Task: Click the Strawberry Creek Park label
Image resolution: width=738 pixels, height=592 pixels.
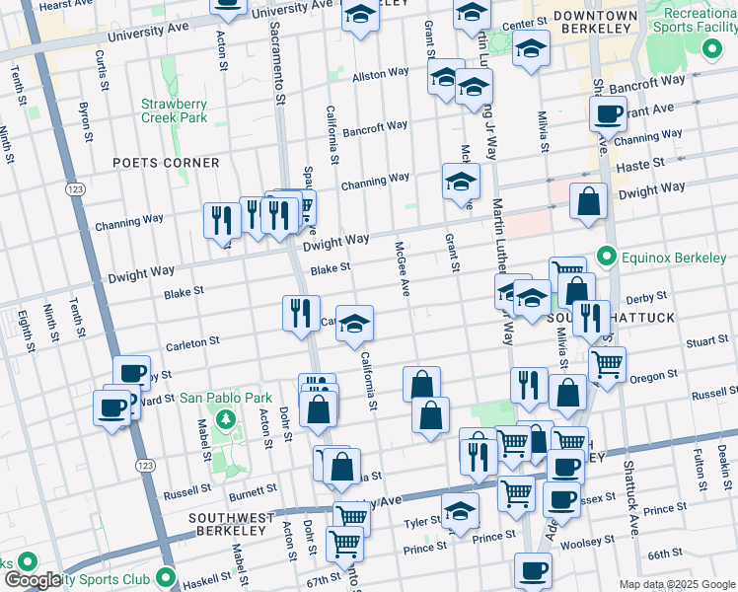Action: point(174,111)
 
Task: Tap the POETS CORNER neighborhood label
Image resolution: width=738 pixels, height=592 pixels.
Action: point(166,163)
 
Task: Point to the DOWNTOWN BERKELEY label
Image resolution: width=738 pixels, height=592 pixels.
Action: point(595,24)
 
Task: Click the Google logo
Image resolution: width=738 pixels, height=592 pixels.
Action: point(32,580)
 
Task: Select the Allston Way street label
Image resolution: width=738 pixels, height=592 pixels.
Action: point(381,74)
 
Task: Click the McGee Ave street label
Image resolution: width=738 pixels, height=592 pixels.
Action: point(403,269)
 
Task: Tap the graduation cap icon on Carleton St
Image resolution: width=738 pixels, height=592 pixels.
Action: point(354,324)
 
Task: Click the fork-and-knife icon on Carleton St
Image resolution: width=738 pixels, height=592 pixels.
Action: point(301,314)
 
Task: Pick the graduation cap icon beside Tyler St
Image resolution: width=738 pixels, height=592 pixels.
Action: point(460,511)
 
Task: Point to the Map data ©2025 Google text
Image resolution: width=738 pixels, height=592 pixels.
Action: point(676,584)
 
